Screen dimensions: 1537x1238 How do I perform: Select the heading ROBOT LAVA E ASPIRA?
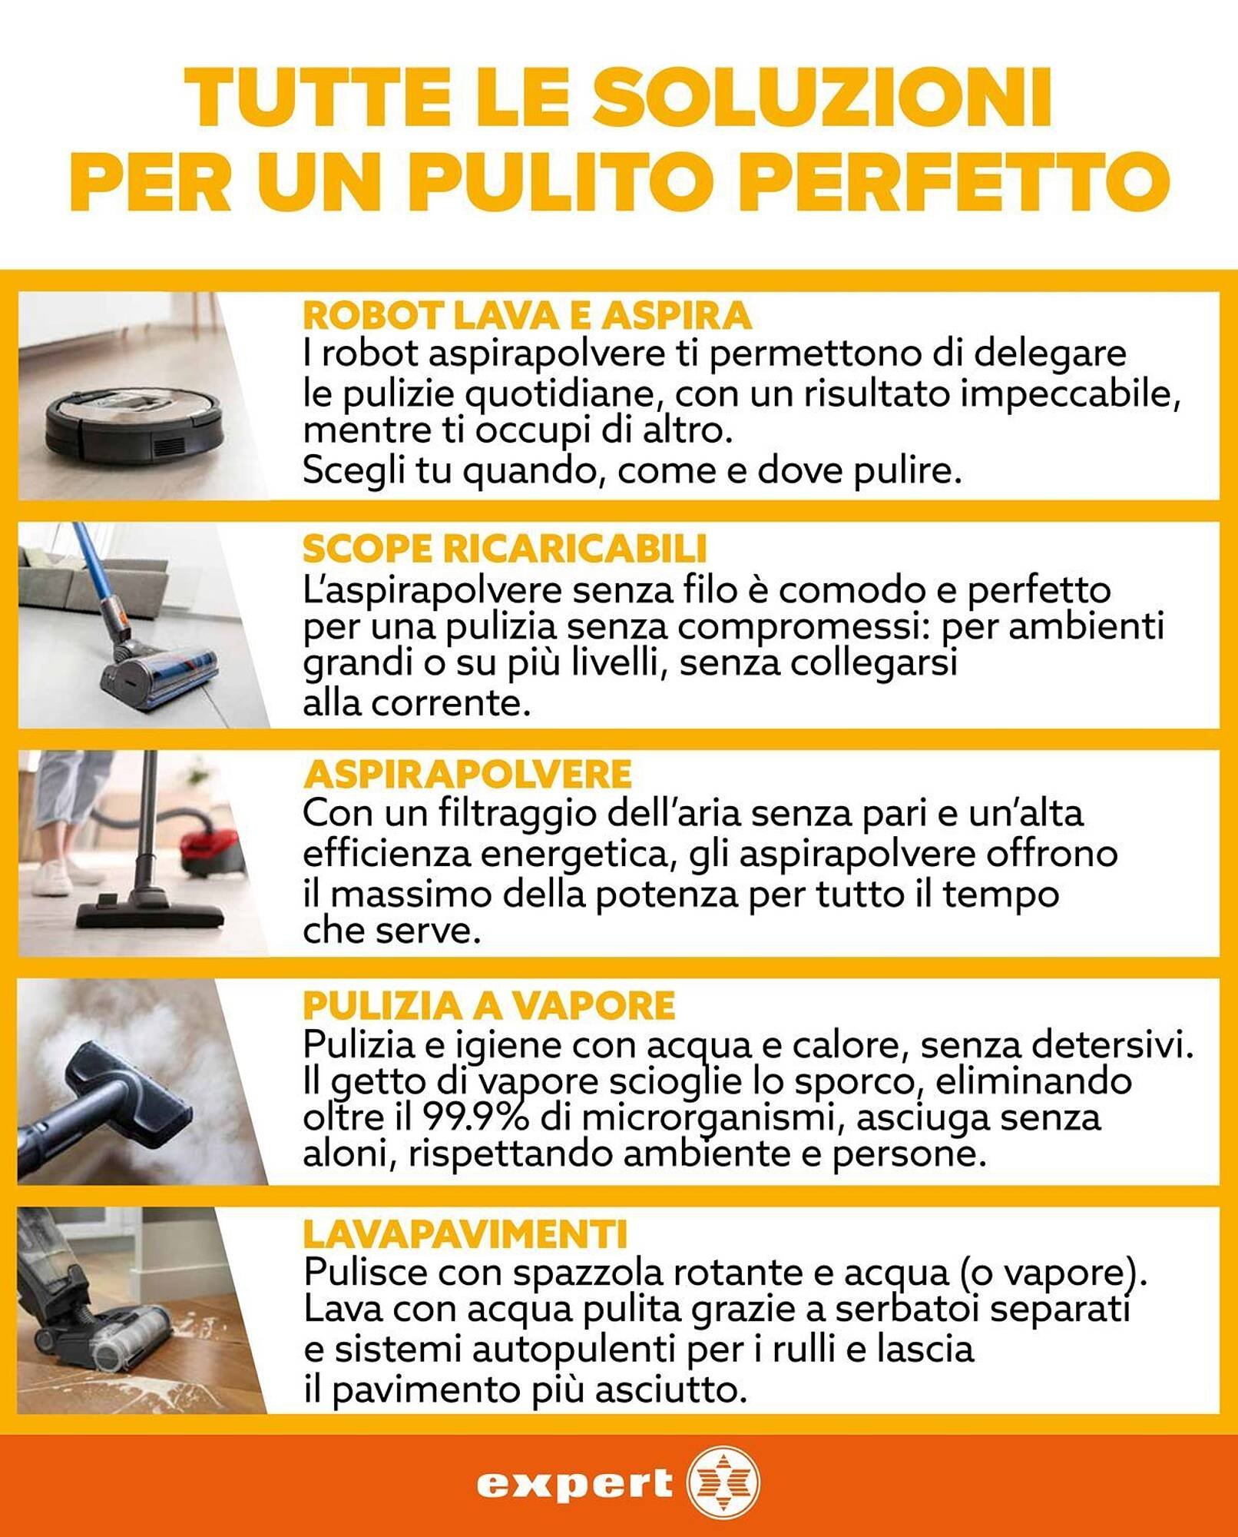(527, 314)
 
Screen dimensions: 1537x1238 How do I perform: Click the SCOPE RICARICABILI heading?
(505, 549)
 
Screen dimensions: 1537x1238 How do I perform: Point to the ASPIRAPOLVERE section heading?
(467, 774)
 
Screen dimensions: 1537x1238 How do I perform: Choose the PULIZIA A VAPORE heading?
(489, 1005)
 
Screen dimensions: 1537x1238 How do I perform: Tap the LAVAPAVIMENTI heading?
(465, 1234)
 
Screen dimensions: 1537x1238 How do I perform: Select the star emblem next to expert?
(722, 1483)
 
